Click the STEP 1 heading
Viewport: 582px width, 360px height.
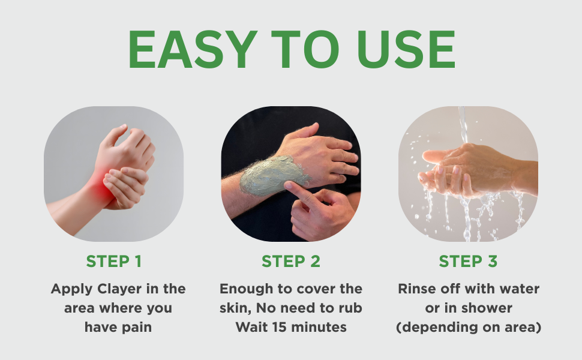click(x=113, y=262)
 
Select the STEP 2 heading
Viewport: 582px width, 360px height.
click(x=291, y=262)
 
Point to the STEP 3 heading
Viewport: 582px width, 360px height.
click(x=468, y=262)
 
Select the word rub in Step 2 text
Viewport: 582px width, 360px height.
click(x=352, y=308)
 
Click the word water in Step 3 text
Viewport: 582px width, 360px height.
click(x=521, y=289)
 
